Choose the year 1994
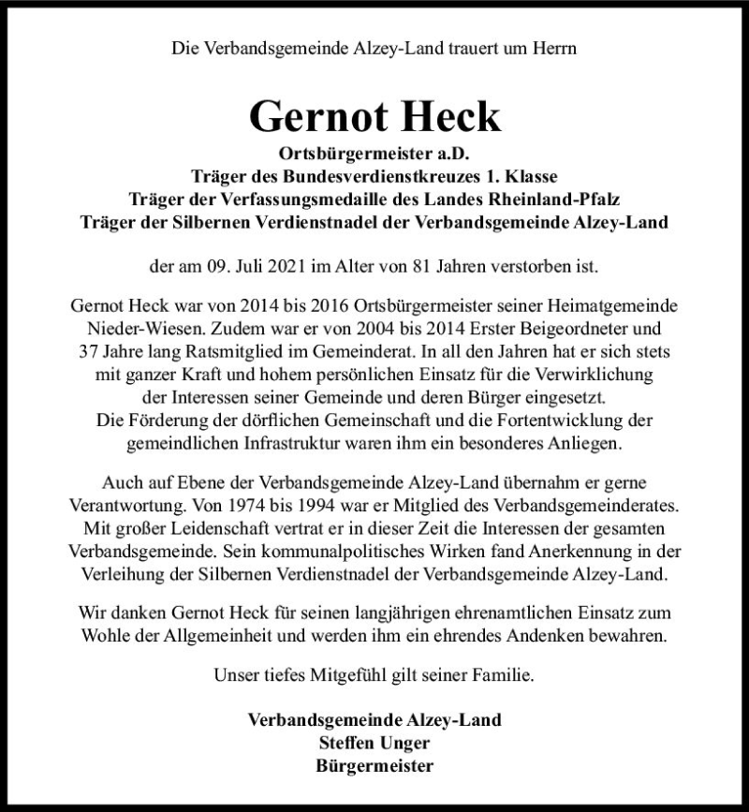pyautogui.click(x=325, y=507)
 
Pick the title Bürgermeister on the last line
pyautogui.click(x=374, y=765)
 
